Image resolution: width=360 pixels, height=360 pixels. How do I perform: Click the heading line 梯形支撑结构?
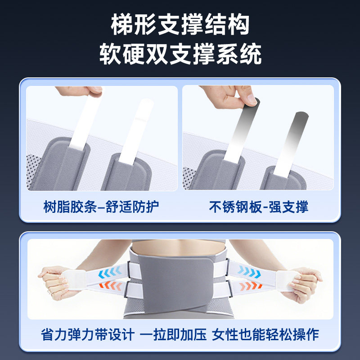(x=180, y=26)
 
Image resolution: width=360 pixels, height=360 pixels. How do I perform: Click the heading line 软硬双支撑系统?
(x=180, y=55)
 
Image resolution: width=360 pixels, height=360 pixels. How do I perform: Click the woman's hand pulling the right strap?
(x=306, y=281)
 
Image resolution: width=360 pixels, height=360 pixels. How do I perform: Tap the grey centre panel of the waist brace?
(x=180, y=279)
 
